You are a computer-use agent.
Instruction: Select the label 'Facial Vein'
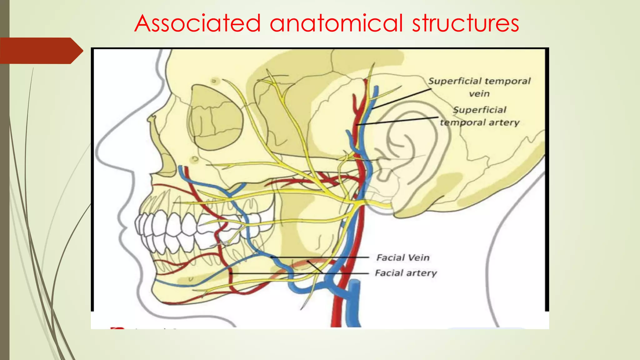click(403, 257)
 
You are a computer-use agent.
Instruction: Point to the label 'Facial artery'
click(406, 273)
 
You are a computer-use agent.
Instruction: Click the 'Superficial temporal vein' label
click(479, 87)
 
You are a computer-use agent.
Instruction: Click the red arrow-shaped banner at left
click(41, 51)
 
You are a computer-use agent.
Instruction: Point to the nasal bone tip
click(152, 119)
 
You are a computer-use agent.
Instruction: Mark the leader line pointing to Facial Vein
click(322, 257)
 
